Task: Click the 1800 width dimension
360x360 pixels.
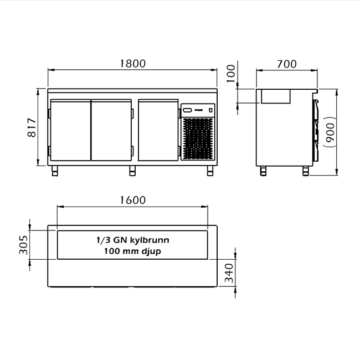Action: point(133,64)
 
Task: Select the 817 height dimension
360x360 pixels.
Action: point(32,127)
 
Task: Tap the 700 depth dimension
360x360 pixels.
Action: point(287,64)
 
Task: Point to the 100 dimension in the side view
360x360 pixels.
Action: point(231,74)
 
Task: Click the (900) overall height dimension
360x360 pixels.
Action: point(331,132)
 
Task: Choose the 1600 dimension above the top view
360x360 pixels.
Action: point(133,200)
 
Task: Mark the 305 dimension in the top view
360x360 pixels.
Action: point(23,245)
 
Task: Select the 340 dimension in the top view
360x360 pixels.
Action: point(229,273)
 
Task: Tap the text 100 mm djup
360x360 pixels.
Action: point(132,251)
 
